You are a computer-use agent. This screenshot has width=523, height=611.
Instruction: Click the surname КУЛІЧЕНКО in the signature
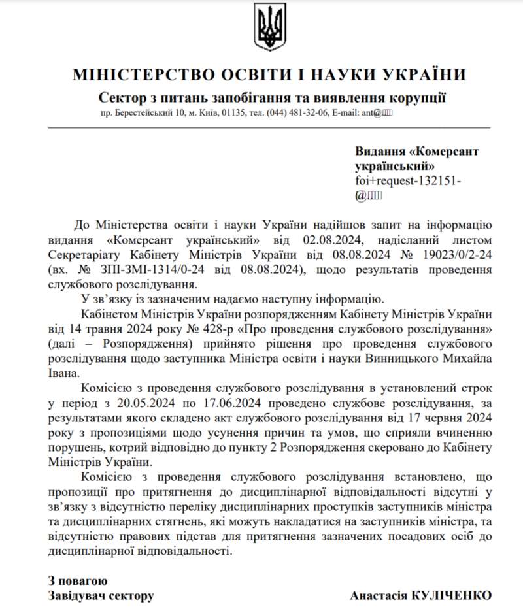[x=451, y=595]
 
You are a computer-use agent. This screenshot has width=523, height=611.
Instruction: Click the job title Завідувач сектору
[x=101, y=595]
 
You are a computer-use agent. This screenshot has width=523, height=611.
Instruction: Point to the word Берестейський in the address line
[x=141, y=113]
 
